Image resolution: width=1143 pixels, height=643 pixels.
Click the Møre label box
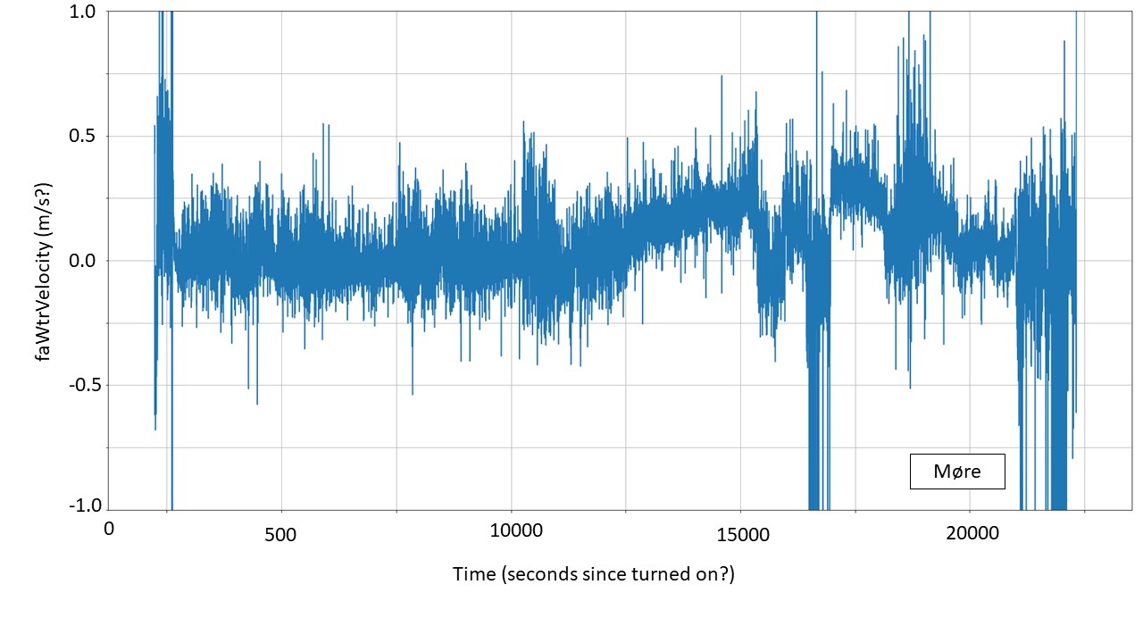click(x=957, y=472)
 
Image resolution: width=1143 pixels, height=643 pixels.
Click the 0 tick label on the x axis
click(x=109, y=529)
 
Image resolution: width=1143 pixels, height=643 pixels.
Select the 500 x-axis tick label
click(x=281, y=534)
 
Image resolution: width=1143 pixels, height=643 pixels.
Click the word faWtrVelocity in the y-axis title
click(x=42, y=295)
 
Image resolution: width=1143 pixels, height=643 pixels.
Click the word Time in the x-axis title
click(x=472, y=574)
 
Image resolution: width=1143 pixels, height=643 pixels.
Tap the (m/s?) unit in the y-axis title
click(x=42, y=204)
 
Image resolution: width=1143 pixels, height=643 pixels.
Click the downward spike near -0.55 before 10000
click(x=413, y=393)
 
